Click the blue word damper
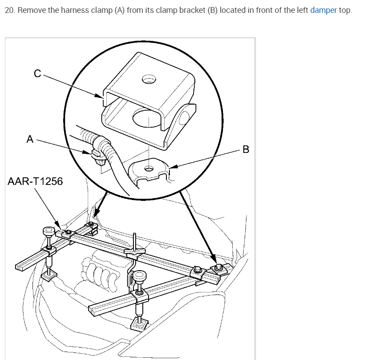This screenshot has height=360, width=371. pos(323,10)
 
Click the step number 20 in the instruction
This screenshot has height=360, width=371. pos(8,10)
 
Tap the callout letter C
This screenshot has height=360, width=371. pos(38,74)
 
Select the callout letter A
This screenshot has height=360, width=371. pos(30,139)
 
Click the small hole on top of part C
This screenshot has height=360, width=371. pos(148,80)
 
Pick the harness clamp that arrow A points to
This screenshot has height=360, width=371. pos(97,155)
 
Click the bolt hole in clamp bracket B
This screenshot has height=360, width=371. pos(149,169)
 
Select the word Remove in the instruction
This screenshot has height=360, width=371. pos(32,10)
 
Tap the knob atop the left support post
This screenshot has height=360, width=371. pos(48,232)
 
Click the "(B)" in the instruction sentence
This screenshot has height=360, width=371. pos(213,10)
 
